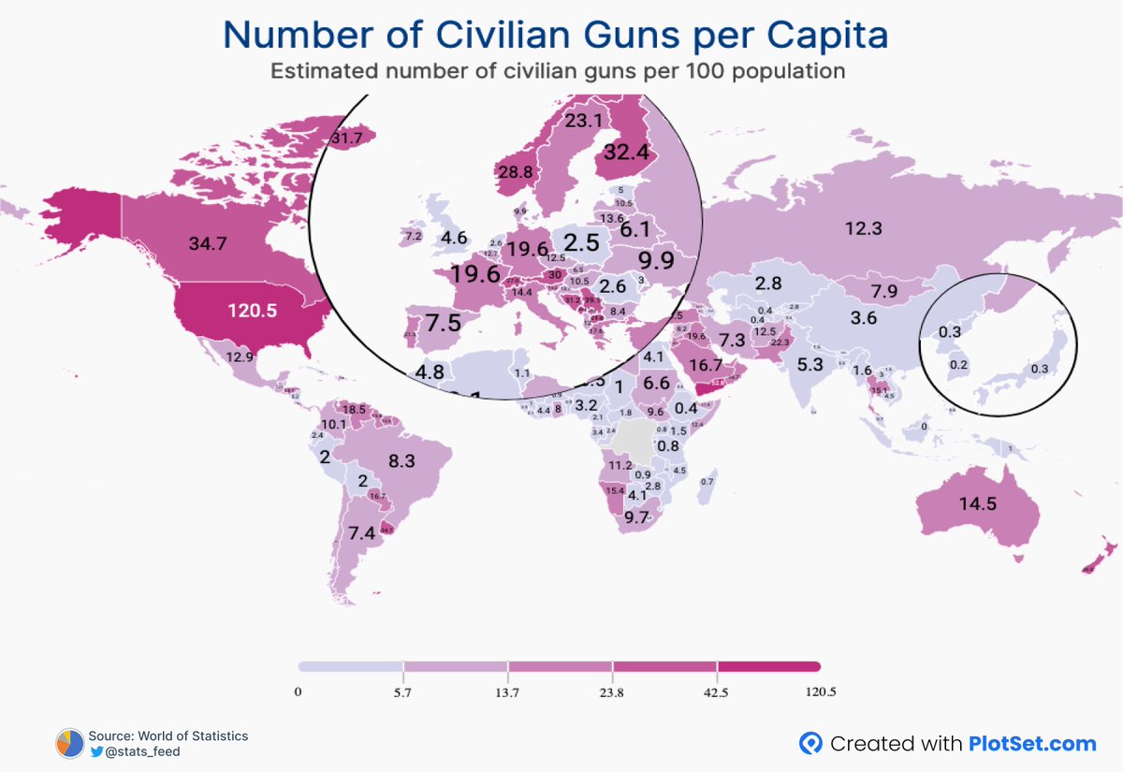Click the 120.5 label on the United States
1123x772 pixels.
pos(251,310)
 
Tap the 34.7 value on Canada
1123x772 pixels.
pos(208,244)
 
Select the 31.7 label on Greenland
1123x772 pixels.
pos(346,138)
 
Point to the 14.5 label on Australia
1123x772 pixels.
pos(977,503)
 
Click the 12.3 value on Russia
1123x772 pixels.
pos(863,228)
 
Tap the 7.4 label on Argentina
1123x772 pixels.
pos(361,533)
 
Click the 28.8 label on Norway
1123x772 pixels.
pos(515,173)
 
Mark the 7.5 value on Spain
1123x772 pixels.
pos(443,324)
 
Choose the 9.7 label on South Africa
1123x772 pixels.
pos(636,517)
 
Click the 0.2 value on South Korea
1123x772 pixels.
pos(958,365)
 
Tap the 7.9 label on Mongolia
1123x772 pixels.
pos(882,291)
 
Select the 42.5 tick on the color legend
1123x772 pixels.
pos(717,692)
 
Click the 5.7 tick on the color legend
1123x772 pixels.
pos(403,692)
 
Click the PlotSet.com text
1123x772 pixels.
pos(1034,744)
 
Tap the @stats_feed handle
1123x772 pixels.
pos(142,751)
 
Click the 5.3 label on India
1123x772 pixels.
pos(810,365)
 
